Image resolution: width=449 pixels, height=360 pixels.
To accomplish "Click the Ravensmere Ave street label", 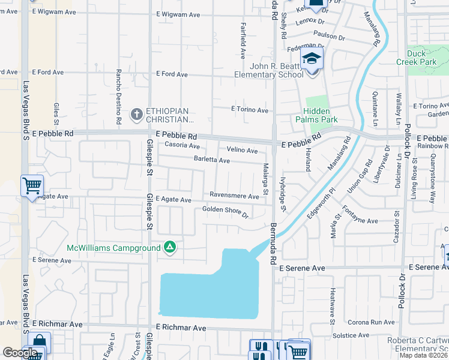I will point(234,195).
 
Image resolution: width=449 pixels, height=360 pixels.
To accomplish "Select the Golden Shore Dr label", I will point(225,211).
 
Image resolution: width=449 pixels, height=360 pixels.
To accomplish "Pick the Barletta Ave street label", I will point(211,160).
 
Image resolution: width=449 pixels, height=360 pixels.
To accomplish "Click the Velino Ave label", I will point(242,150).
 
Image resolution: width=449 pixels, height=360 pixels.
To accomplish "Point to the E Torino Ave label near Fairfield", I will point(250,110).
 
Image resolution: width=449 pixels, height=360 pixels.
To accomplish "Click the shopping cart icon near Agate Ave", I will point(32,185).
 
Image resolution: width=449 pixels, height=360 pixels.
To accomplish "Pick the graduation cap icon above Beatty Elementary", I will point(312,59).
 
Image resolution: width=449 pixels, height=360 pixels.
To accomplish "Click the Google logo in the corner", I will point(20,353).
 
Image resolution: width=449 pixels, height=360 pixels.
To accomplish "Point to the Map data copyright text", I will point(423,355).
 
